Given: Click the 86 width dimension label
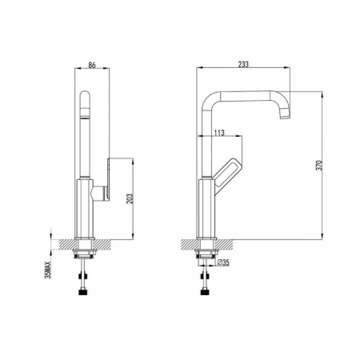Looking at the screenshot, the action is click(x=92, y=65).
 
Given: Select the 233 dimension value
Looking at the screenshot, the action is click(x=243, y=64).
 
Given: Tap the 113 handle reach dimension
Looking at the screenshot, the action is click(x=219, y=133).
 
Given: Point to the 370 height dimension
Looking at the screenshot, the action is click(x=319, y=166).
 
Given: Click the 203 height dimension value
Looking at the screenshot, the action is click(x=130, y=199).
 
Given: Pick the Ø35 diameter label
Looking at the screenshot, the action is click(x=223, y=262).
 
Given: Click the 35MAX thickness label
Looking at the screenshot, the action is click(x=48, y=270).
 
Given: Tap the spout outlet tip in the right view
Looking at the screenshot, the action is click(x=285, y=115).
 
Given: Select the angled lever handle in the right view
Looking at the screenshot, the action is click(x=227, y=175).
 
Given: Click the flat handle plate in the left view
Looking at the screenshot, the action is click(x=109, y=180).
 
